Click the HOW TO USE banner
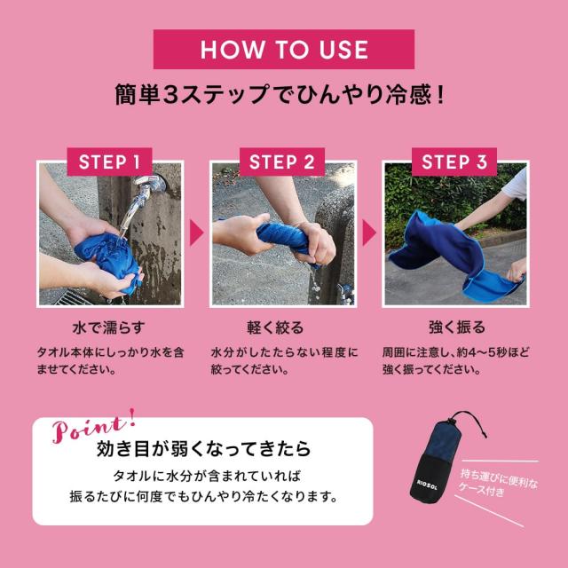pos(283,48)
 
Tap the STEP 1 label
pos(110,162)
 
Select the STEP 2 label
pos(282,162)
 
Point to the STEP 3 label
pos(454,162)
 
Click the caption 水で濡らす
pos(110,327)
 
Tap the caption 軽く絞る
pos(282,327)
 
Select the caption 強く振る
pos(454,327)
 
